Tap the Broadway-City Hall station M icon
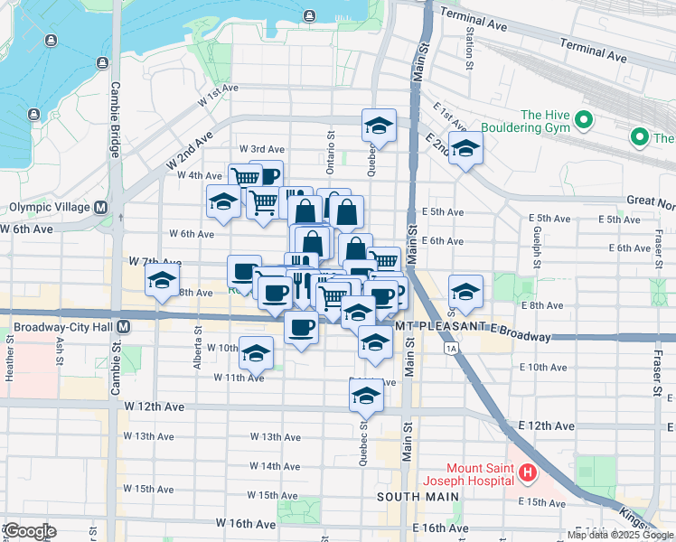click(123, 326)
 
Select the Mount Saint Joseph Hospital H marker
click(528, 472)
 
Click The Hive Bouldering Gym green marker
click(584, 119)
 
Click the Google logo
click(30, 531)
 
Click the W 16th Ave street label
click(245, 523)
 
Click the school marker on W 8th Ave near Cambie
click(163, 280)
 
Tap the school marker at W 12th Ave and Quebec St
click(366, 395)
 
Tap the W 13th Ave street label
click(276, 437)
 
